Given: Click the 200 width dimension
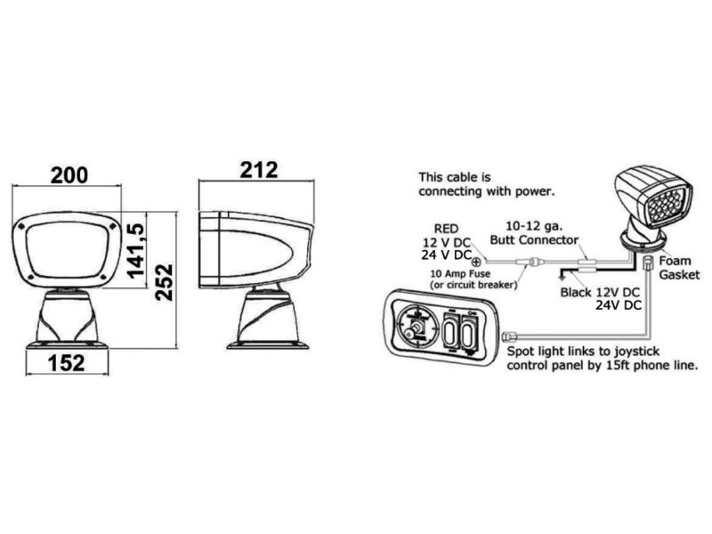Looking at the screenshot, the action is (69, 175).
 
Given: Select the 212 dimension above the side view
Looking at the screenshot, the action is (259, 170).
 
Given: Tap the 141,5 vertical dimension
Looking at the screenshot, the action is (136, 250).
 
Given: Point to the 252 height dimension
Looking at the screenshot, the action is (164, 282).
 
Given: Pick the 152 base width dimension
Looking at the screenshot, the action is (66, 363).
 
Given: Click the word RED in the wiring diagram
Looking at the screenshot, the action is (447, 229).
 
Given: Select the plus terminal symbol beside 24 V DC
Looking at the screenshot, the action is (476, 262).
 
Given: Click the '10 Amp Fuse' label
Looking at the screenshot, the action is (460, 274).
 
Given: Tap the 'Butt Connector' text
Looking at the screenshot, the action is (534, 239).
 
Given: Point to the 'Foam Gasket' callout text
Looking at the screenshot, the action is (679, 268).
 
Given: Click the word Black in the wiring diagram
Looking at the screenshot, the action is (576, 292).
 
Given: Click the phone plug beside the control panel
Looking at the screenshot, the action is (508, 336).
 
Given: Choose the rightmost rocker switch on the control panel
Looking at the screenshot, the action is (470, 331).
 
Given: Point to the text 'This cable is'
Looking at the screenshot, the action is (455, 177).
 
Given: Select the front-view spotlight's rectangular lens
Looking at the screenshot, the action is (68, 250).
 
